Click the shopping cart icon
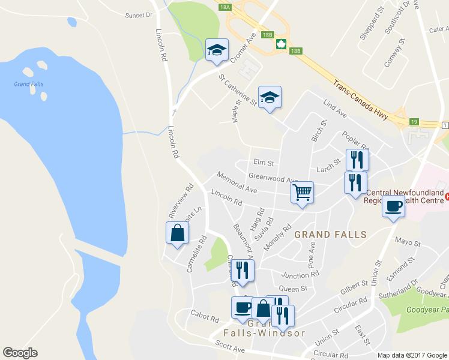pyautogui.click(x=302, y=193)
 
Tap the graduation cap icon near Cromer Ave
pyautogui.click(x=217, y=50)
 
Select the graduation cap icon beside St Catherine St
pyautogui.click(x=270, y=97)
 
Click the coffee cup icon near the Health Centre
pyautogui.click(x=393, y=206)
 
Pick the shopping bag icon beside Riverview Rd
pyautogui.click(x=178, y=233)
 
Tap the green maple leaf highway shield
pyautogui.click(x=280, y=44)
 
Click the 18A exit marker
pyautogui.click(x=224, y=7)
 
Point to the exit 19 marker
pyautogui.click(x=414, y=122)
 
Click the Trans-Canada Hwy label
pyautogui.click(x=361, y=97)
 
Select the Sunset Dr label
pyautogui.click(x=139, y=15)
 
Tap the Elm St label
pyautogui.click(x=264, y=162)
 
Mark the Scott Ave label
pyautogui.click(x=230, y=349)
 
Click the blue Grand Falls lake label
pyautogui.click(x=29, y=84)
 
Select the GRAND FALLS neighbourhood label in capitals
pyautogui.click(x=330, y=235)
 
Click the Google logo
pyautogui.click(x=20, y=353)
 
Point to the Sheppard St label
pyautogui.click(x=371, y=25)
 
